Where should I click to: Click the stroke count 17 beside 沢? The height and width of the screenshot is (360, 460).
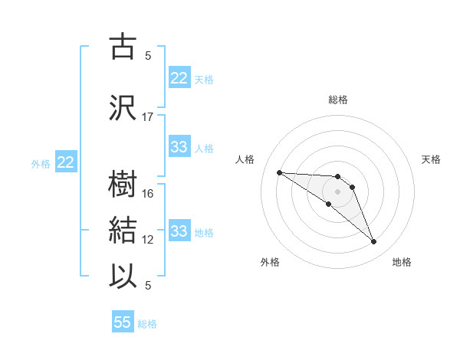click(x=148, y=117)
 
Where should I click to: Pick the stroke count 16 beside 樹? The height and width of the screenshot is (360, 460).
click(x=148, y=194)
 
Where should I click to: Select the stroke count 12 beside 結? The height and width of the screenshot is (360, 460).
click(x=148, y=240)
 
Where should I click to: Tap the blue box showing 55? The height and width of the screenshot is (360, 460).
click(x=123, y=322)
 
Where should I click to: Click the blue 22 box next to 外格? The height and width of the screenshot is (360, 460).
click(x=66, y=162)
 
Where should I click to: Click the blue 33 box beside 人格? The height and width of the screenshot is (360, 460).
click(x=179, y=147)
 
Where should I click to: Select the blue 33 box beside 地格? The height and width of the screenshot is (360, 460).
click(x=179, y=231)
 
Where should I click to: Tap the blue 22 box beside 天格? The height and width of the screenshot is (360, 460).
click(x=179, y=78)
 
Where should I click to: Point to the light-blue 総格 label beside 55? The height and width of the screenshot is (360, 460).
click(x=147, y=324)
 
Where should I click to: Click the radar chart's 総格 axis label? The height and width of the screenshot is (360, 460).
click(x=338, y=100)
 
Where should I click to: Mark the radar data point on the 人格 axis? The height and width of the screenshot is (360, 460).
click(x=279, y=172)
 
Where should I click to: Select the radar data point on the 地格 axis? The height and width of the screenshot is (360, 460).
click(x=374, y=242)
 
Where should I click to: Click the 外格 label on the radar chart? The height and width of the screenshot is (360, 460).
click(x=270, y=262)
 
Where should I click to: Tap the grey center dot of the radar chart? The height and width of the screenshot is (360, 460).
click(x=338, y=191)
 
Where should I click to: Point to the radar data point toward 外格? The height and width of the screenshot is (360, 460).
click(x=329, y=204)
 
